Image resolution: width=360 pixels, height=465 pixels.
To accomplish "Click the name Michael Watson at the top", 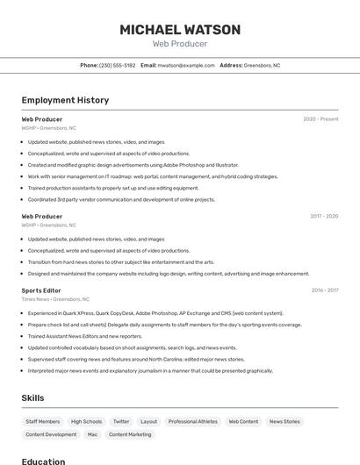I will click(x=179, y=30).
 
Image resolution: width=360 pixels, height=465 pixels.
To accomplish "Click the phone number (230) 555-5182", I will click(x=117, y=65).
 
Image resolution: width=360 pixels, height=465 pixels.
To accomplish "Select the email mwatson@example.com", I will click(x=185, y=65).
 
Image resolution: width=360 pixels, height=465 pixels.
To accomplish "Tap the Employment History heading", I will click(x=65, y=100).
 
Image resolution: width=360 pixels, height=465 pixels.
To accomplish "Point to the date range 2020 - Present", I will click(x=320, y=119).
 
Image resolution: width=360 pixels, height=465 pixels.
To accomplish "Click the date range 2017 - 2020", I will click(x=323, y=216).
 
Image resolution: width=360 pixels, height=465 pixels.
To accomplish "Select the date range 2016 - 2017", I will click(x=324, y=290).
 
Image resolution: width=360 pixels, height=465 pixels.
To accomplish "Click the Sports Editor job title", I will click(x=41, y=290).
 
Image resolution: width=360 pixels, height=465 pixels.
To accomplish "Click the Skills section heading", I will click(x=32, y=398).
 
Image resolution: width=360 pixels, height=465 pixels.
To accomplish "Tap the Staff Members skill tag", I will click(x=43, y=422).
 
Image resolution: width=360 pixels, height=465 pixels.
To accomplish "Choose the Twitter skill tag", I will click(x=121, y=422).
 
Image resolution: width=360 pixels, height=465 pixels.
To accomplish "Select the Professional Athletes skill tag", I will click(x=192, y=422).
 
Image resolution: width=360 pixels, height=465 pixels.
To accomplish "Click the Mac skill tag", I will click(x=92, y=434).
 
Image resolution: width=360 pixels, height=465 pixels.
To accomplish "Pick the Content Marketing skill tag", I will click(x=130, y=434).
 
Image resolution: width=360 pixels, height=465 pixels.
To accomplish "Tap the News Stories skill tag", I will click(x=284, y=422).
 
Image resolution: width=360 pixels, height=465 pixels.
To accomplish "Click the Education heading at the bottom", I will click(x=43, y=461).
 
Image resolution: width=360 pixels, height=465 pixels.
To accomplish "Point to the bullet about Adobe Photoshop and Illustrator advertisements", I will click(x=133, y=165).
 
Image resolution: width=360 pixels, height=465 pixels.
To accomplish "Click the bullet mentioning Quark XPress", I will click(x=155, y=313).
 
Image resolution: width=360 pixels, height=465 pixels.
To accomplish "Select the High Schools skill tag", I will click(x=87, y=422).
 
